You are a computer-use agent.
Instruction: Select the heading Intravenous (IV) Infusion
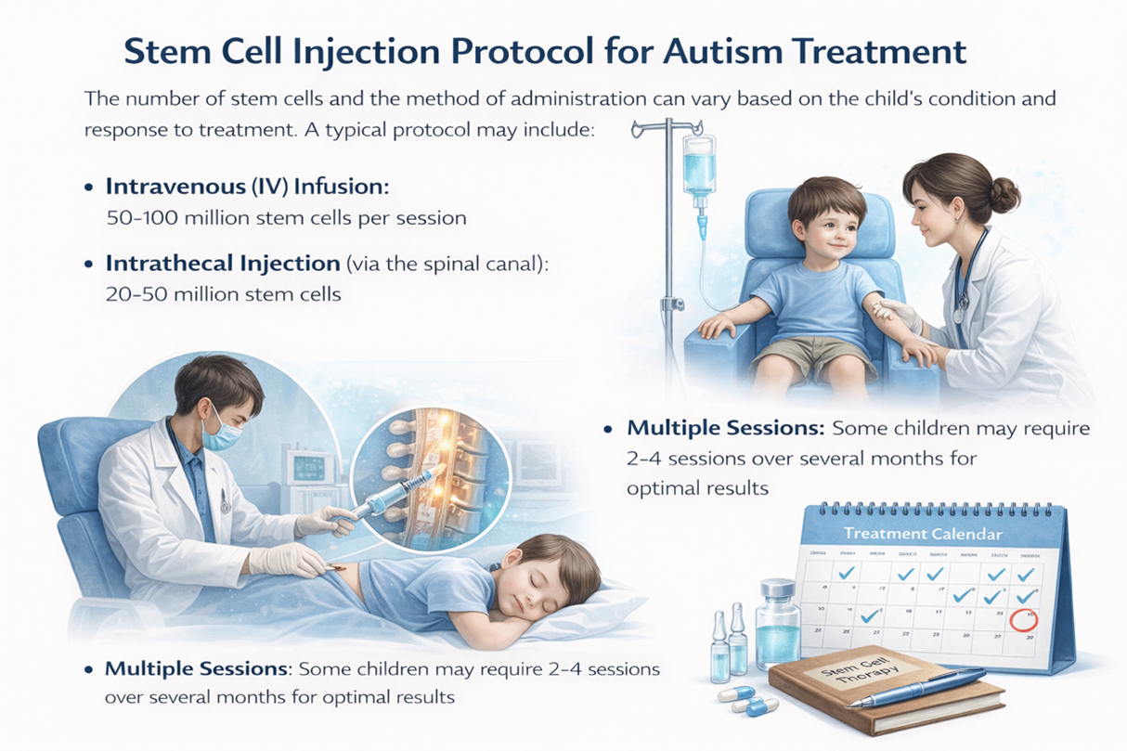[x=247, y=186]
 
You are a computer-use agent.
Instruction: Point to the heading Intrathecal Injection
[x=223, y=263]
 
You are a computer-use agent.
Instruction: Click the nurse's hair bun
[x=1004, y=196]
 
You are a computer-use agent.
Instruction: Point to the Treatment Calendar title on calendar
[x=922, y=534]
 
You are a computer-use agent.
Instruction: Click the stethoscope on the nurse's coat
[x=965, y=278]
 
